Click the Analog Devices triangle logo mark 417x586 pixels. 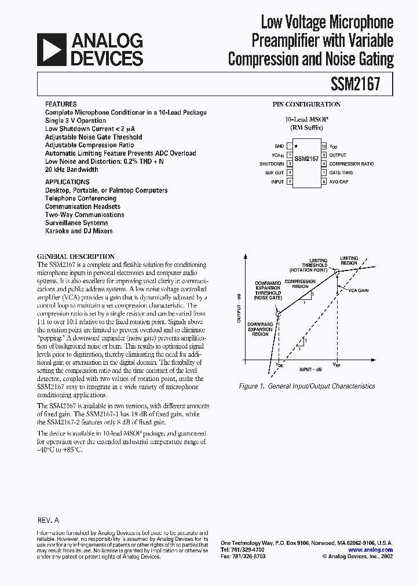click(51, 49)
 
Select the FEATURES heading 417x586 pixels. click(61, 104)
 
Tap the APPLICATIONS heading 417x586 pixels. click(67, 182)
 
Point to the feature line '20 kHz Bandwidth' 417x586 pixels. click(72, 170)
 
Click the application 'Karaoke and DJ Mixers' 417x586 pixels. click(79, 231)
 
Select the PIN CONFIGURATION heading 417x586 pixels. click(306, 104)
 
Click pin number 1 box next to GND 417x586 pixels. click(289, 146)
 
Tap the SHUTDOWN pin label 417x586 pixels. click(272, 164)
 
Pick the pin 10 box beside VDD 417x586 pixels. click(324, 146)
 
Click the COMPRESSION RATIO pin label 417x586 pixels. click(352, 164)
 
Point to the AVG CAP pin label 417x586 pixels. click(339, 182)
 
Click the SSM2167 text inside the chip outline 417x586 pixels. click(306, 158)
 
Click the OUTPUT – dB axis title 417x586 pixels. click(239, 307)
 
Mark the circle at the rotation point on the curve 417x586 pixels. click(335, 270)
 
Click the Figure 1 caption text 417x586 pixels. click(306, 386)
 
